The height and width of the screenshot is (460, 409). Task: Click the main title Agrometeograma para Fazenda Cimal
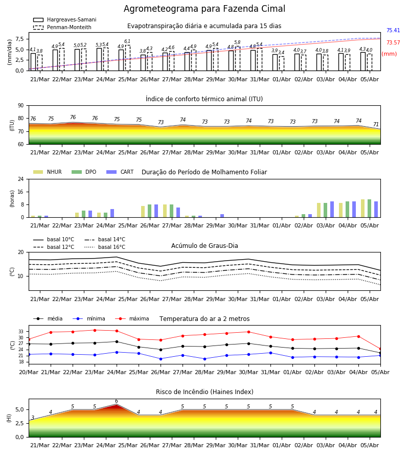204,9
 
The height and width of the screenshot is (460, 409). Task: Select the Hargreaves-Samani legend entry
64,19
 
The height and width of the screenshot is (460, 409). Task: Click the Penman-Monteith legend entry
62,27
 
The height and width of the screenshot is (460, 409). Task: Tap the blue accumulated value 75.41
393,30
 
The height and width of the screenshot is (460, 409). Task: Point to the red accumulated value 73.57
393,42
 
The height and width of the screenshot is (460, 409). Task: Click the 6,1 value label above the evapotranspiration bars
127,41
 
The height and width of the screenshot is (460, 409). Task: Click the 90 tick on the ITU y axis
21,106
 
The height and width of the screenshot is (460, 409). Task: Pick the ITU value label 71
376,124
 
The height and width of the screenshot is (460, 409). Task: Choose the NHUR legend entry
48,172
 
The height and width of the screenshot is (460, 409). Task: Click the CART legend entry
120,172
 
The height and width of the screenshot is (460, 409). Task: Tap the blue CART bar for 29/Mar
222,216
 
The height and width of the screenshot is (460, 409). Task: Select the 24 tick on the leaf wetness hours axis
21,179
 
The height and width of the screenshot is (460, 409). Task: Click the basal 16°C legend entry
105,247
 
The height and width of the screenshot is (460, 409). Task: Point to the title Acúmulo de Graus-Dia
204,245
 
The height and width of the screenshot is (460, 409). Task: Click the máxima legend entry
132,318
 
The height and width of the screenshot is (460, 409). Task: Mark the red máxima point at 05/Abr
380,349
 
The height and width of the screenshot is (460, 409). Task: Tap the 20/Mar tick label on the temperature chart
29,372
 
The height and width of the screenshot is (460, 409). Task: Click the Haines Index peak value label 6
117,401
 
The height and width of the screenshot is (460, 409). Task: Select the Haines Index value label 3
33,418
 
